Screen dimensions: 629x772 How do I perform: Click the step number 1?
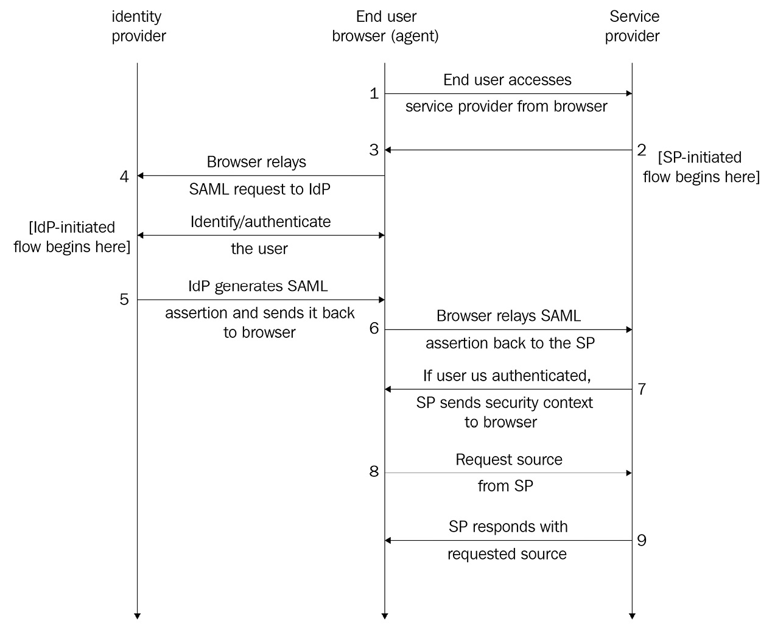pos(374,94)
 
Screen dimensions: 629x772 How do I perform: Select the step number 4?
pos(124,177)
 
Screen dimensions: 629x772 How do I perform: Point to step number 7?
pos(642,389)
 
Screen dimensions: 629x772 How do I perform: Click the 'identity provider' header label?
pos(138,26)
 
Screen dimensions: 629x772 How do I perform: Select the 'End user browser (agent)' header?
pos(385,26)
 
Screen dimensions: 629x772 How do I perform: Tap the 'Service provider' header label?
pos(633,26)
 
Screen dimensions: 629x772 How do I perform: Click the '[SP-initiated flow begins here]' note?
pos(701,167)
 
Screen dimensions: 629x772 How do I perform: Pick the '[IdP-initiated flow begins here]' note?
pos(72,237)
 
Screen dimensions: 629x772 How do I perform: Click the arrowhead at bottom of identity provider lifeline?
pos(138,615)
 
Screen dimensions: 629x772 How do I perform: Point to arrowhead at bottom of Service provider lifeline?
pos(633,615)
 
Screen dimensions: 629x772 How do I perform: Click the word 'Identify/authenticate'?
pos(261,222)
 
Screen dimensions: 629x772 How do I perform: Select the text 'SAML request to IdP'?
pos(259,189)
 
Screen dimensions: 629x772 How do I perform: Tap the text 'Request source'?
pos(508,460)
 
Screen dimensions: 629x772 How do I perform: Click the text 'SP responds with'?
pos(508,527)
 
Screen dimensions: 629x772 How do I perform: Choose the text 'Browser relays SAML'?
pos(508,316)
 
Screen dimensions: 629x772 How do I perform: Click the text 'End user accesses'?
pos(507,80)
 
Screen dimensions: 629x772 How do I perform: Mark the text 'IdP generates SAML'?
pos(258,286)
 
